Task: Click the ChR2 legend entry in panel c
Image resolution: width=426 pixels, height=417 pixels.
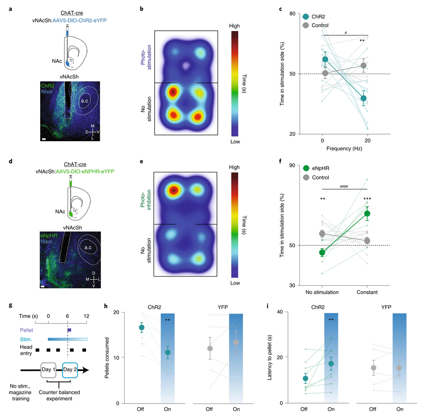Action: click(x=319, y=17)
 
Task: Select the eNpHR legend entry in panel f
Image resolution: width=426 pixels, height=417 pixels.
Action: click(x=320, y=168)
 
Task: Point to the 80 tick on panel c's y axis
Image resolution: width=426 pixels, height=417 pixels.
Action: click(x=292, y=14)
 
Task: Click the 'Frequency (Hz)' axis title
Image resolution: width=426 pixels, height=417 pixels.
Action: click(x=344, y=149)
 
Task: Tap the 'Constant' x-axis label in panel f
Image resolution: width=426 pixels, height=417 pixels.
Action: click(x=367, y=293)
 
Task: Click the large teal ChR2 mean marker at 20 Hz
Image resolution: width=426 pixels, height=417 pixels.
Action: click(x=364, y=98)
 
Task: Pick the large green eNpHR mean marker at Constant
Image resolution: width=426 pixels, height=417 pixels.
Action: click(x=367, y=213)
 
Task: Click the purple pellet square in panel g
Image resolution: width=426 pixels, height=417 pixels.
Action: click(x=69, y=330)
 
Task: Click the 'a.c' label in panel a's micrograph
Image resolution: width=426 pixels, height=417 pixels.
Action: click(x=84, y=101)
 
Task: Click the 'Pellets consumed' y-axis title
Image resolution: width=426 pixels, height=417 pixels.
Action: click(x=107, y=357)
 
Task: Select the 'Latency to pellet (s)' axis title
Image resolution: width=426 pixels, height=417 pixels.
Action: click(x=271, y=357)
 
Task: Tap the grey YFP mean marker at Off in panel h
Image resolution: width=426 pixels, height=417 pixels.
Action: click(x=210, y=348)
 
